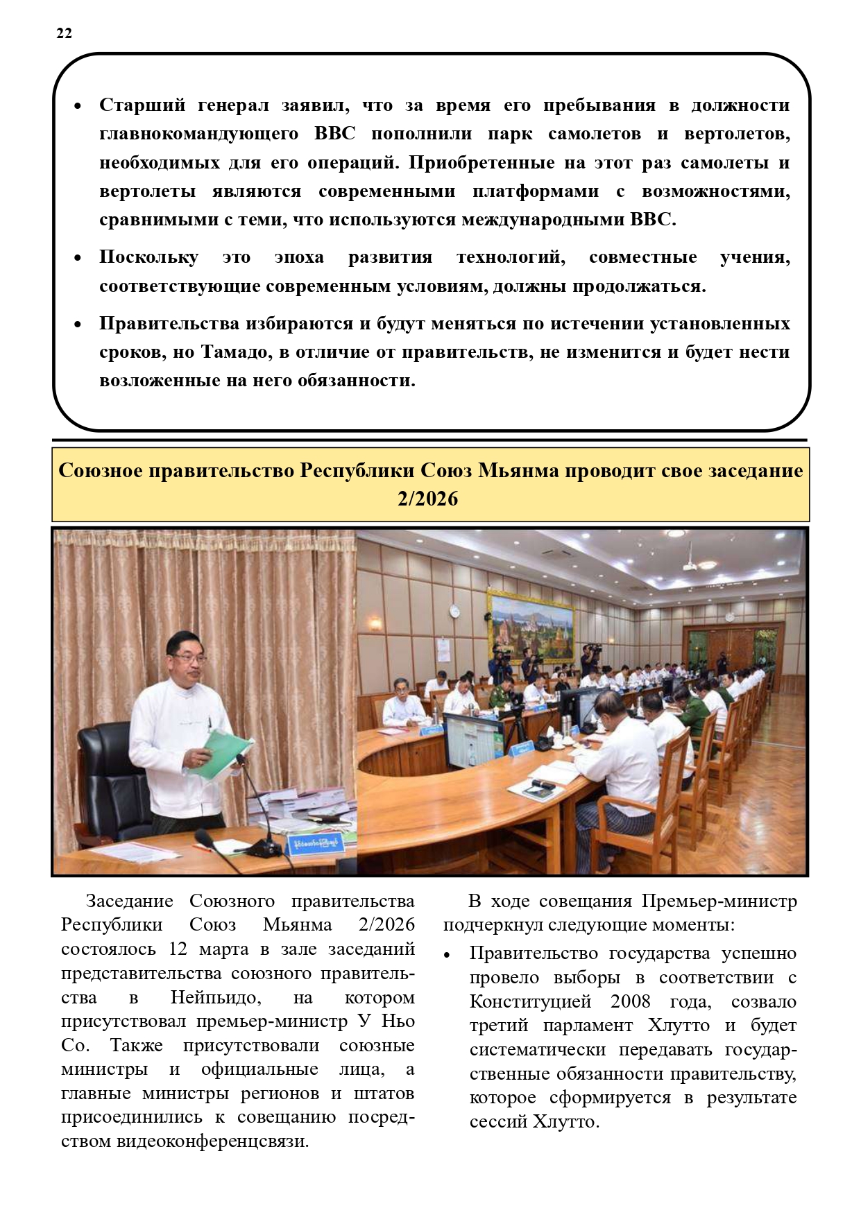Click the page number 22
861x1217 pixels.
64,33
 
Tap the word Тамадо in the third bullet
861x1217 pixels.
235,352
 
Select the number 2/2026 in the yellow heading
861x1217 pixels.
427,499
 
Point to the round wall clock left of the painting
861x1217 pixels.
454,610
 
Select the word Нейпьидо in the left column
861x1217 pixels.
216,998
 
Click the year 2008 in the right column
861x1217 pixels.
630,1002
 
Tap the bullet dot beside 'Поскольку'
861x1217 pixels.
78,258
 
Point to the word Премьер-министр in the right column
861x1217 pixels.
719,901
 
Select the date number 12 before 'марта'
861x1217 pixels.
178,949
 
